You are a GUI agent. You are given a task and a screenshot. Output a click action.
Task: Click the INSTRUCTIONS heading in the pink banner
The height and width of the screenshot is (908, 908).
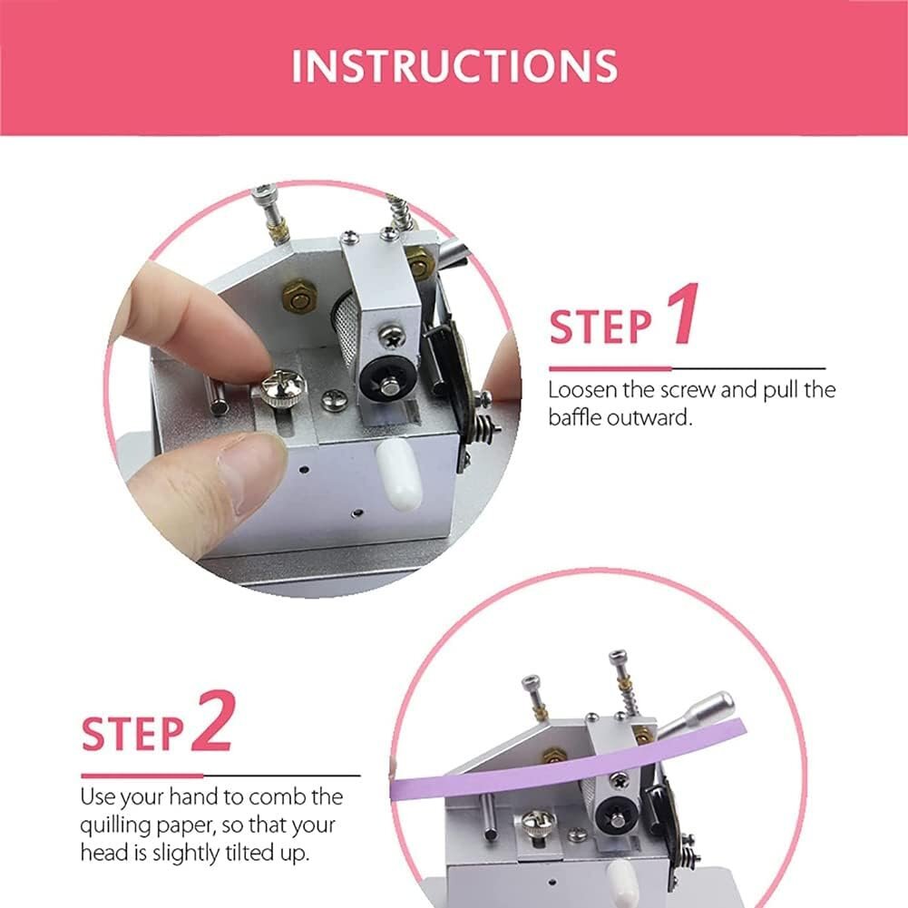(454, 66)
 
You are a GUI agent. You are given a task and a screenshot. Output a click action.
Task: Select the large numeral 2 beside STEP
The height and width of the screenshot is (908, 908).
(214, 721)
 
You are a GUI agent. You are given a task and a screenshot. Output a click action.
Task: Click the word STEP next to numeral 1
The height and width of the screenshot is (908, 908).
(600, 327)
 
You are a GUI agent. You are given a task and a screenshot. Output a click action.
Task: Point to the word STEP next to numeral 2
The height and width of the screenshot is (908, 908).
(132, 734)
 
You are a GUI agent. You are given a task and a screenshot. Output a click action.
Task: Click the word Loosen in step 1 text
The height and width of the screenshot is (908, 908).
(582, 390)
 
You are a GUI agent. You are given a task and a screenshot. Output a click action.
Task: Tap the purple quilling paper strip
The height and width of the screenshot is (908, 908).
(568, 759)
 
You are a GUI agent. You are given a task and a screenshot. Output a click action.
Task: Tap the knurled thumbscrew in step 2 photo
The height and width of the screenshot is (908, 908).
(538, 824)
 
